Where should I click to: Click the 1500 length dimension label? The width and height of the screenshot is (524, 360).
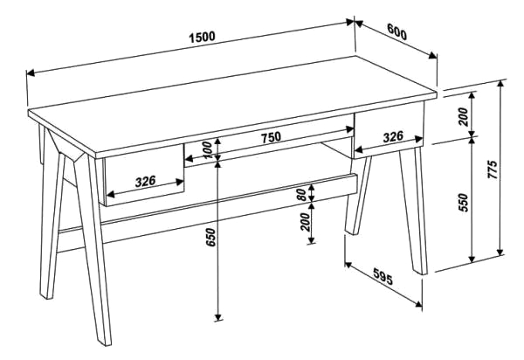point(203,37)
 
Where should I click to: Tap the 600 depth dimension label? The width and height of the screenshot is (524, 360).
point(397,32)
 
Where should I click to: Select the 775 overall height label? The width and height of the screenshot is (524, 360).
point(493,170)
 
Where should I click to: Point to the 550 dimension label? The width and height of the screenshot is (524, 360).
point(464,202)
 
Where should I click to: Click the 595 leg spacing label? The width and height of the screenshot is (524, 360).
point(383,276)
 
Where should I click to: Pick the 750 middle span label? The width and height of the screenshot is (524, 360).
point(271,137)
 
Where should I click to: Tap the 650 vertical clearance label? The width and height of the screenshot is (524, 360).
point(210,238)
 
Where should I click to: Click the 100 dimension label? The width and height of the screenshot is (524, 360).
point(207,150)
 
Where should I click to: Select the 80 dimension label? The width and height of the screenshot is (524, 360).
point(302,194)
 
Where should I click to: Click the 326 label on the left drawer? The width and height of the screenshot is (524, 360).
point(145,181)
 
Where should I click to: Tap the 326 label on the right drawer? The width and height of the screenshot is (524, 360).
point(393,136)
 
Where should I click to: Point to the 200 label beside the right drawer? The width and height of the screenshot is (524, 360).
point(464,116)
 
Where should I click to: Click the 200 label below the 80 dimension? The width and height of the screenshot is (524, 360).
point(306,222)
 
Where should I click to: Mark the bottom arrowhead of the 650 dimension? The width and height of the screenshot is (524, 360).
point(217,317)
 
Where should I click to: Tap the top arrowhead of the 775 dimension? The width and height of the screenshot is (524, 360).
point(500,84)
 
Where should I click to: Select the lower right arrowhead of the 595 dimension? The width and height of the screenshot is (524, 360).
point(418,303)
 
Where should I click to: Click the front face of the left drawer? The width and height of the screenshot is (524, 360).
point(144,175)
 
